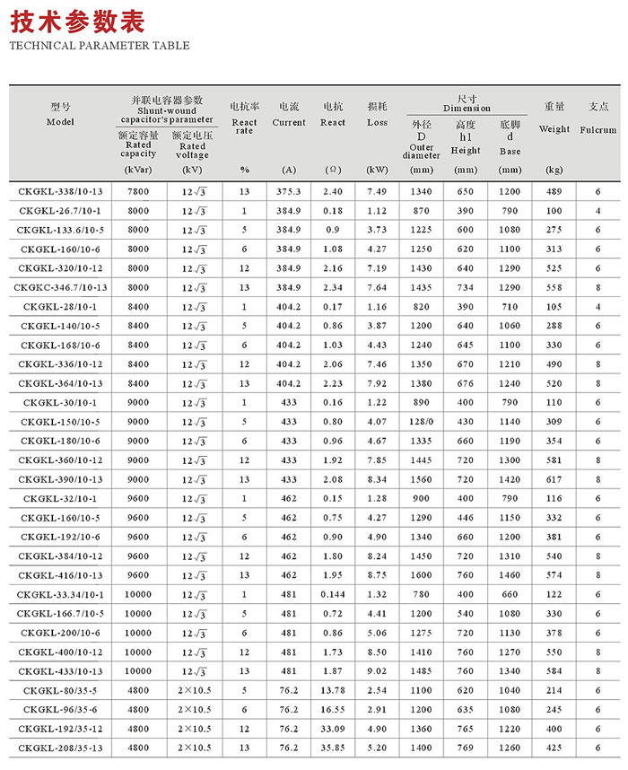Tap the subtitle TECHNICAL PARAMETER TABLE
point(99,46)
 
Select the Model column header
point(60,121)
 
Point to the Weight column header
point(554,129)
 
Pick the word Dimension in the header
point(467,109)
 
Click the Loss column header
point(377,122)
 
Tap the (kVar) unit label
point(138,170)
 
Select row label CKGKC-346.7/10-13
point(61,287)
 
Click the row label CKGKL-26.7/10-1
point(61,211)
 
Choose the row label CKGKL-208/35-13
point(61,747)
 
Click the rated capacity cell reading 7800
point(138,191)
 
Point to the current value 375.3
point(288,191)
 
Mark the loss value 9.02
point(377,670)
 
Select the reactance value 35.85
point(332,747)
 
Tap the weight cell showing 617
point(554,479)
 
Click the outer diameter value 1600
point(421,574)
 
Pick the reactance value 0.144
point(332,594)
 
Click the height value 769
point(466,747)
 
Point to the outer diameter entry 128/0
point(421,422)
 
